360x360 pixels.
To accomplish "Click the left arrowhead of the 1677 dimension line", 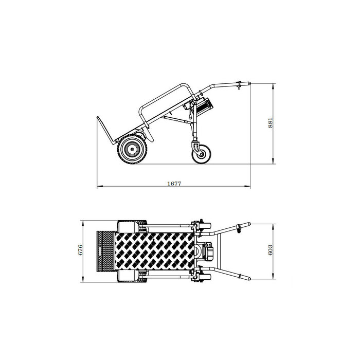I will [99, 186].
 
